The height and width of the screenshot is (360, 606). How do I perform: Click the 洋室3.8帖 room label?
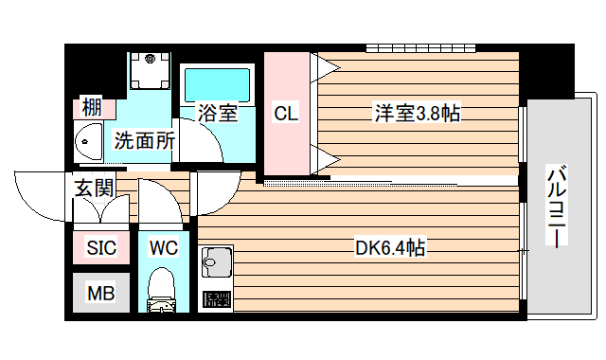click(417, 114)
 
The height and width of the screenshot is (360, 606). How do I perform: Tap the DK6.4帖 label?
click(389, 249)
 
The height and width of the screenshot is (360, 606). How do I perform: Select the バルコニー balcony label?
click(559, 207)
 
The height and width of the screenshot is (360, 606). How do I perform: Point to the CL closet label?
click(285, 114)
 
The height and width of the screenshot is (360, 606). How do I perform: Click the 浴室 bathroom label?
click(217, 114)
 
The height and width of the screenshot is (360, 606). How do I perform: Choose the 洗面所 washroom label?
click(145, 141)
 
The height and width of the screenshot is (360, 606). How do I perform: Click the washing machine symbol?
click(149, 71)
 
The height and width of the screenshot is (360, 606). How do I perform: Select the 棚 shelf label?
click(92, 107)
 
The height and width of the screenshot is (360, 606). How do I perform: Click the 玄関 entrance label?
click(94, 187)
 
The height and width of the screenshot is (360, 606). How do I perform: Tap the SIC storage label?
click(101, 248)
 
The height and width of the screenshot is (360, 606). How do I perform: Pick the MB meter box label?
click(100, 294)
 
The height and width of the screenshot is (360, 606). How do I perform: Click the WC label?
click(163, 248)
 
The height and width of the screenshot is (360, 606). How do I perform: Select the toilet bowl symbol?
click(163, 290)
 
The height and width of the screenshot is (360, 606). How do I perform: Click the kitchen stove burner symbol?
click(217, 300)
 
